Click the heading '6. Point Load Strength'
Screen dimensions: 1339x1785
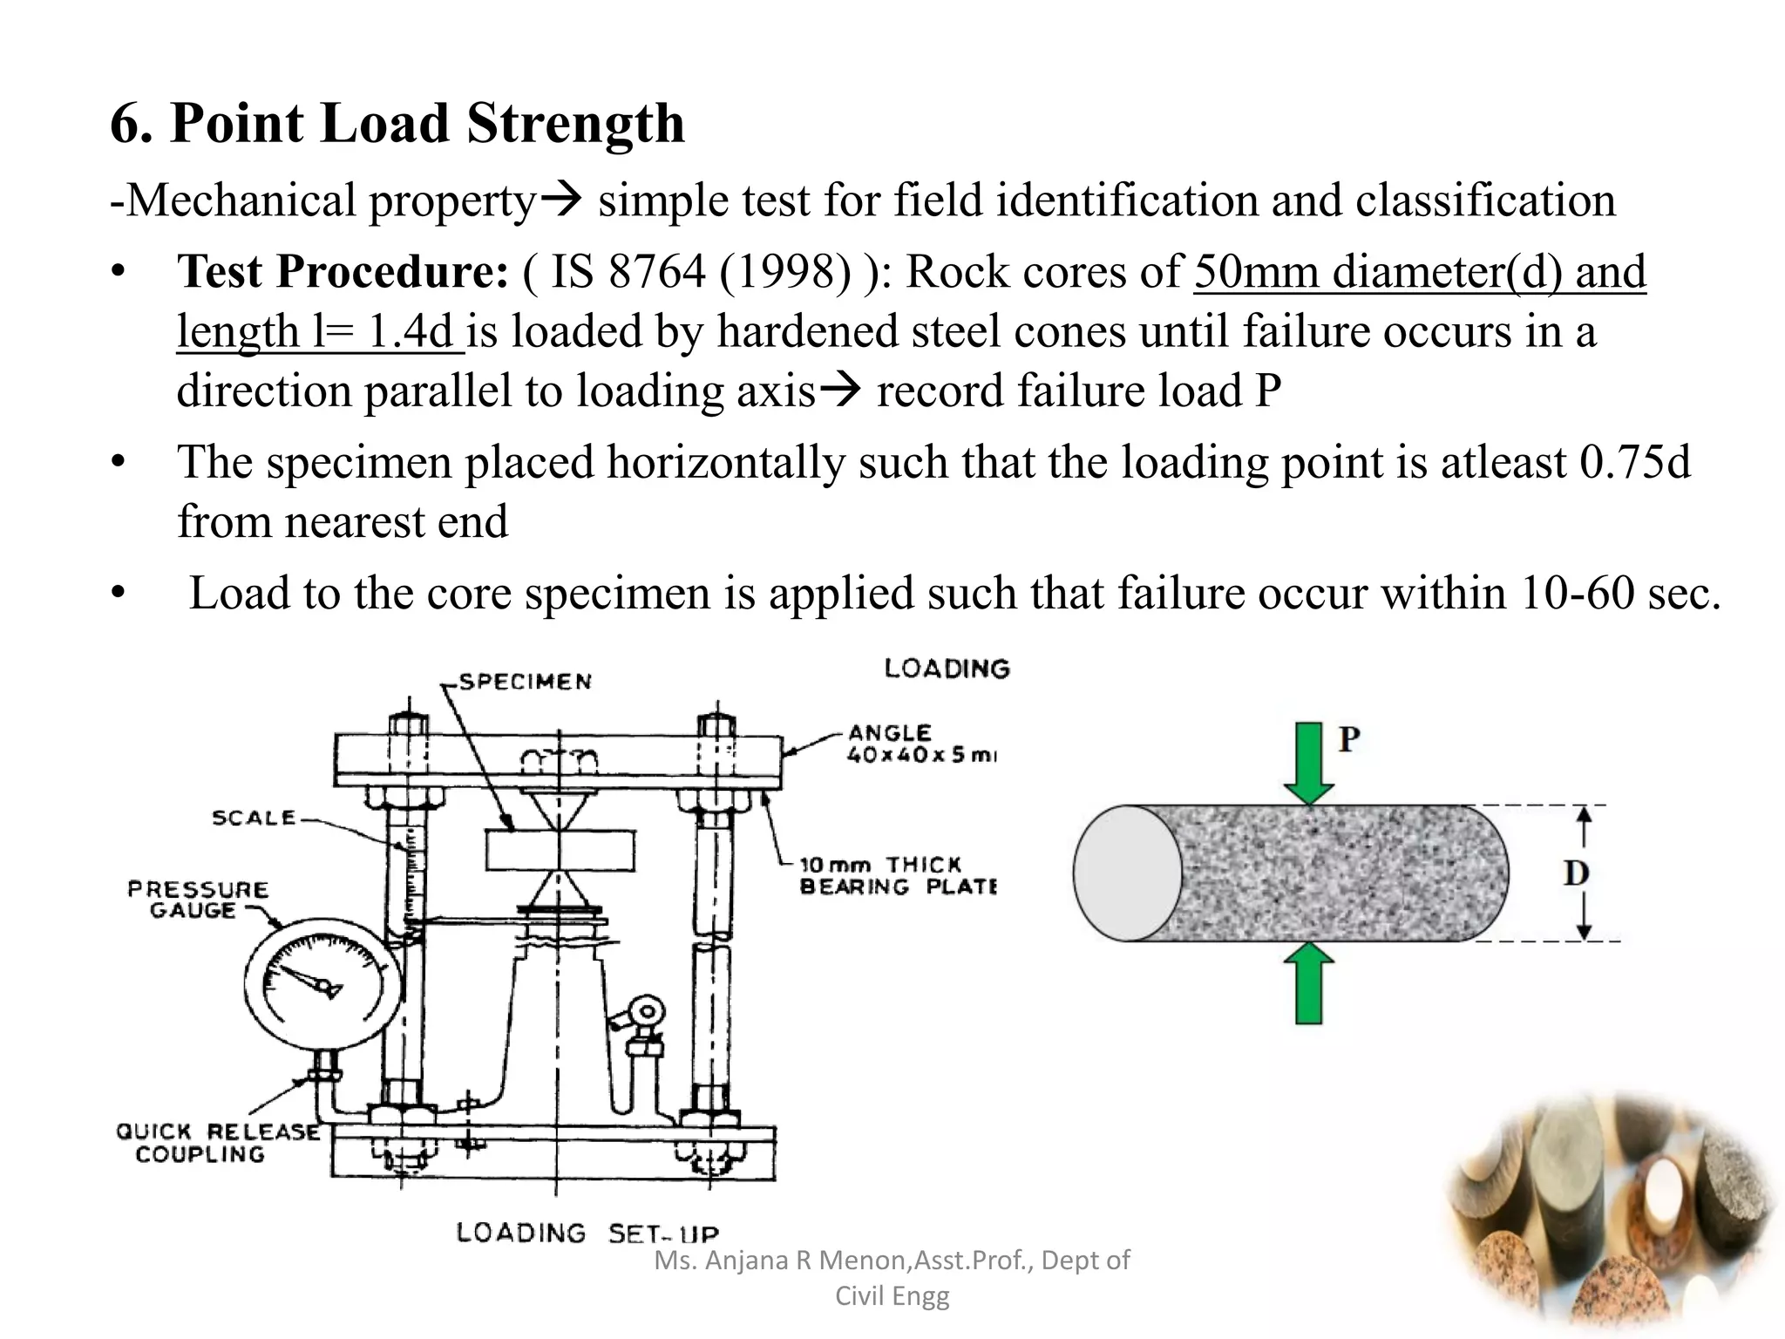pos(397,123)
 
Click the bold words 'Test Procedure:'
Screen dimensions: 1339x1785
pos(343,272)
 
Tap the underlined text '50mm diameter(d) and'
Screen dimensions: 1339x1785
pos(1419,272)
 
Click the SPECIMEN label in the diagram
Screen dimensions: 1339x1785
pos(526,682)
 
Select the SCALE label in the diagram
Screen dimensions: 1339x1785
pos(254,818)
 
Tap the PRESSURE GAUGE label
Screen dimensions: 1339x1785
pos(198,900)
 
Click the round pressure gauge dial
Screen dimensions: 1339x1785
pos(322,986)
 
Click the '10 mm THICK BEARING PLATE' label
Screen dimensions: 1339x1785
pos(897,876)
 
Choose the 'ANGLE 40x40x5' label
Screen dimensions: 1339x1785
pos(920,744)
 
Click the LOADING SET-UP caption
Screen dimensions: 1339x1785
pos(587,1233)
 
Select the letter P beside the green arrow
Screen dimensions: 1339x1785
pos(1349,739)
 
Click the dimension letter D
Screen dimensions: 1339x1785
pos(1576,873)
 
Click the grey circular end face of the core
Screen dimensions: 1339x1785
pos(1127,873)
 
